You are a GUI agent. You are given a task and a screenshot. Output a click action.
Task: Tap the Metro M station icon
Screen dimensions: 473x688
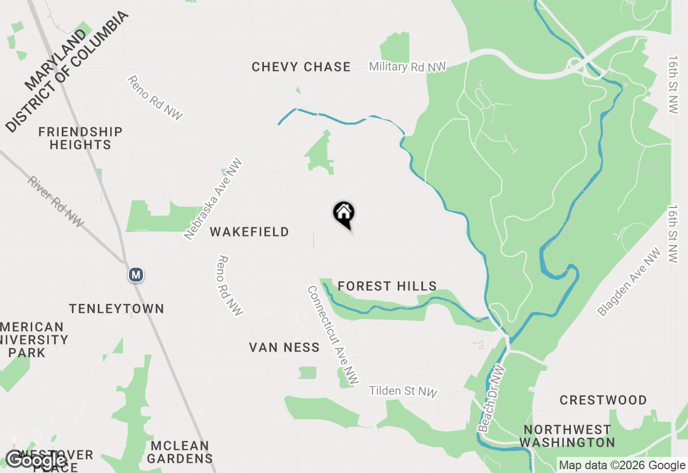tap(136, 275)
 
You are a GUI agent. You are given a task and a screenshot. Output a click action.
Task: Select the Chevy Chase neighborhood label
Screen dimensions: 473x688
tap(301, 67)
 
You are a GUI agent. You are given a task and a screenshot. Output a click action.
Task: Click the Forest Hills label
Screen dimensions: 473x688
tap(387, 286)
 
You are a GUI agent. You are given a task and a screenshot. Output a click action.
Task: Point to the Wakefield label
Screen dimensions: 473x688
tap(249, 232)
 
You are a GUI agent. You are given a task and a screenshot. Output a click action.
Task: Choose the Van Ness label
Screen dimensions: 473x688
tap(284, 347)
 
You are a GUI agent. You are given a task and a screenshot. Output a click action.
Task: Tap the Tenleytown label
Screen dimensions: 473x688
tap(117, 309)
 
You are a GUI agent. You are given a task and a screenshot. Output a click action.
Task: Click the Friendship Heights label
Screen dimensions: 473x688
tap(81, 138)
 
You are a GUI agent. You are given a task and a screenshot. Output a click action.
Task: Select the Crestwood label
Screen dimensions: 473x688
tap(603, 400)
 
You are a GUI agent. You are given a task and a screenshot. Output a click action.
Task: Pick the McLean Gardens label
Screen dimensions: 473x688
tap(180, 452)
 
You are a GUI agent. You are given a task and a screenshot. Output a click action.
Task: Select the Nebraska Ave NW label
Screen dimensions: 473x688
tap(213, 199)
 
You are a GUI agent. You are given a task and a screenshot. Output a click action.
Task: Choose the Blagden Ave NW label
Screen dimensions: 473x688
tap(629, 282)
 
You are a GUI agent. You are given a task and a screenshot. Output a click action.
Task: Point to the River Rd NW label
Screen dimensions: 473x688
tap(55, 202)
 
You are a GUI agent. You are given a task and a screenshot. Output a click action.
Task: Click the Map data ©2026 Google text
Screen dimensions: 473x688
tap(622, 465)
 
